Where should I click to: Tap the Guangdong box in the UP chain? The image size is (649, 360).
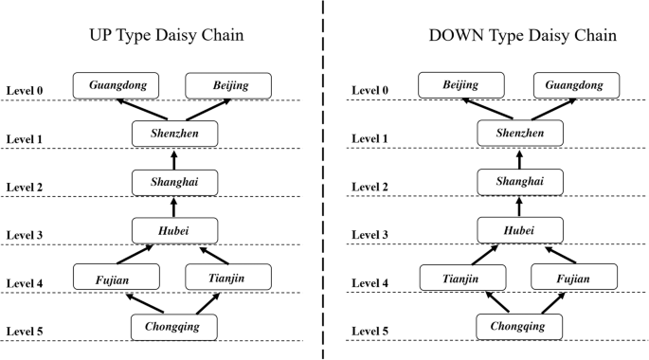click(x=116, y=85)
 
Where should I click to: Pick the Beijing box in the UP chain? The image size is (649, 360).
click(x=229, y=85)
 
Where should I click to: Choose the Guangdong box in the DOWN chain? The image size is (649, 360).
click(x=574, y=85)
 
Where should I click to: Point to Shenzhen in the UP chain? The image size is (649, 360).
click(x=174, y=134)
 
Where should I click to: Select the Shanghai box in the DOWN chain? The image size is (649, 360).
click(x=520, y=181)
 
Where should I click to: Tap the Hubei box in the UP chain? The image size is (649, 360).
click(x=174, y=229)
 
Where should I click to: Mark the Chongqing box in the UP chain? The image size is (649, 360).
click(x=174, y=326)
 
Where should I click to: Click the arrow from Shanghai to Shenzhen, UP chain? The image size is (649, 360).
click(x=174, y=157)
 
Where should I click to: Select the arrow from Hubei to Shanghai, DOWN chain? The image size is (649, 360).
click(x=520, y=206)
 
